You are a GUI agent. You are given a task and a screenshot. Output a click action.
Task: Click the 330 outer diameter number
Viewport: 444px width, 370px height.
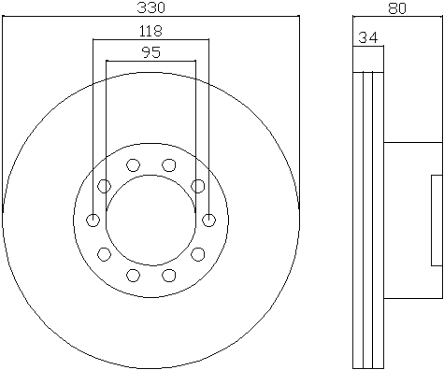pos(150,7)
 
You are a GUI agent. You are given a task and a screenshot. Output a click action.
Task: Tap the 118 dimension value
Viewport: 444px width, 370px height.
pos(150,31)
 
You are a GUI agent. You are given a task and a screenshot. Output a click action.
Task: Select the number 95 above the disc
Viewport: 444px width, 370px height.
pos(151,52)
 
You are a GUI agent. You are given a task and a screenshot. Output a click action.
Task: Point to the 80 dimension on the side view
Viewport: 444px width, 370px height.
pos(397,8)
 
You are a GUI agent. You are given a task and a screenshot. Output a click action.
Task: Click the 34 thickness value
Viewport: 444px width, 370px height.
pos(368,37)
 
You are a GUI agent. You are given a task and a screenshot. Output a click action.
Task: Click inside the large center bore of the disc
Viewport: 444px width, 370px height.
pos(151,221)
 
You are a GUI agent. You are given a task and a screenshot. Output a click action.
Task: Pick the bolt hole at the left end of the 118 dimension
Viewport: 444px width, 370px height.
pos(93,221)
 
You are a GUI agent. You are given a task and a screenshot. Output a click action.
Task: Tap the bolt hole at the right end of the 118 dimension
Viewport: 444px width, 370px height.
pos(208,221)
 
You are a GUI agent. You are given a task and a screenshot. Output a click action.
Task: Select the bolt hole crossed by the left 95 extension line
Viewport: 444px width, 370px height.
pos(105,186)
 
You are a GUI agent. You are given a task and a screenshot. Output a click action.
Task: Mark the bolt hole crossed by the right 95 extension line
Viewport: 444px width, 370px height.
pos(197,186)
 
